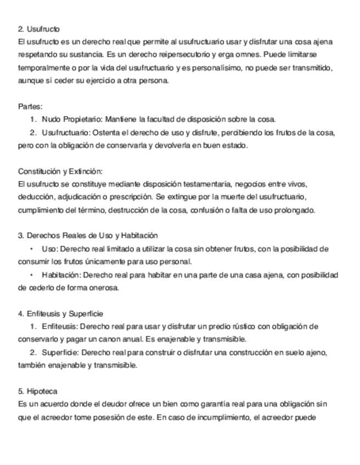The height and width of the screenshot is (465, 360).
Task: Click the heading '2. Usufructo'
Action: tap(38, 29)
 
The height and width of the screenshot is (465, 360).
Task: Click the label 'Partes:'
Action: tap(30, 106)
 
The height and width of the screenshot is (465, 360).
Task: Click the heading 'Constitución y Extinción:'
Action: tap(60, 171)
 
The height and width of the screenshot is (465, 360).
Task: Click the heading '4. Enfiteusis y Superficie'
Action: tap(60, 314)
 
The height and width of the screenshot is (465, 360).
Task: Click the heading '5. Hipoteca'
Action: tap(38, 392)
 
